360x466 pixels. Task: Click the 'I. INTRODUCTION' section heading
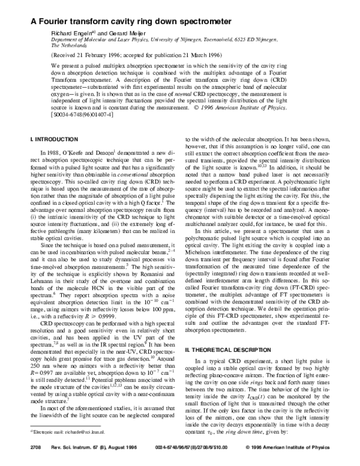(51, 139)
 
